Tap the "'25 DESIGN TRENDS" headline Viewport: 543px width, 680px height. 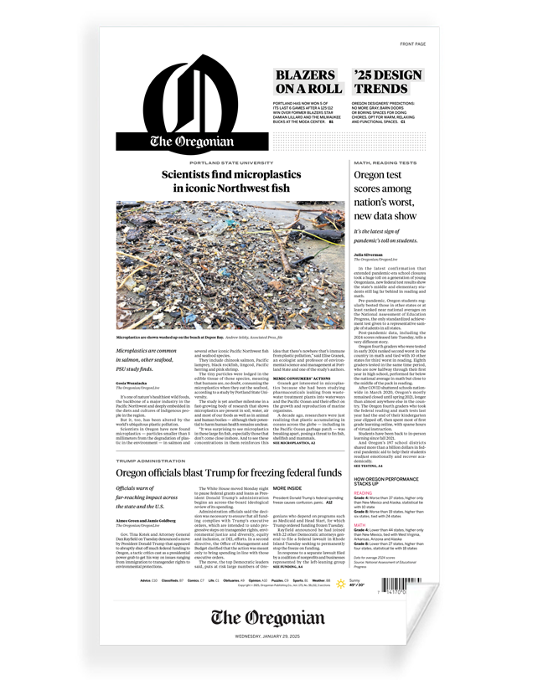[388, 82]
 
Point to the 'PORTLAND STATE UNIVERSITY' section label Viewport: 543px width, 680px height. [230, 162]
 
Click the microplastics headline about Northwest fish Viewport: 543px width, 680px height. [230, 182]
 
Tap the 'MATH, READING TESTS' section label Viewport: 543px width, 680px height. [385, 162]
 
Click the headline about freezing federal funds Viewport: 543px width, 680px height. [229, 473]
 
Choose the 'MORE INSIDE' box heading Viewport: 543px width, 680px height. [288, 487]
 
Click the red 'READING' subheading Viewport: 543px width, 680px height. [363, 493]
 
